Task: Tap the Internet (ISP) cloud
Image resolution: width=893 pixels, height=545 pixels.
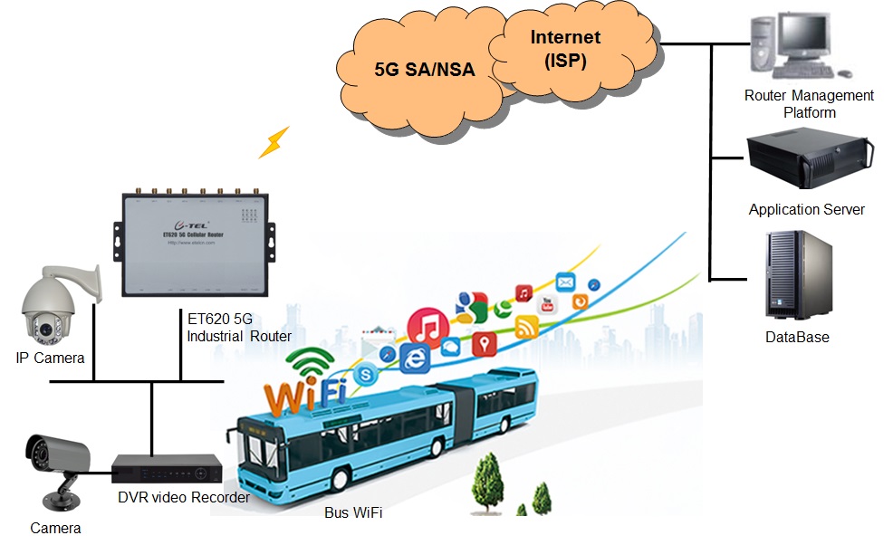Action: tap(566, 50)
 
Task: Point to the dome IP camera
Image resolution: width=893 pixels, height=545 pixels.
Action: tap(50, 304)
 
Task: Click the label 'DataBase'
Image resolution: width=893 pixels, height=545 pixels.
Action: tap(797, 338)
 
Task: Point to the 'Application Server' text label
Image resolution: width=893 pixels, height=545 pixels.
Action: tap(806, 210)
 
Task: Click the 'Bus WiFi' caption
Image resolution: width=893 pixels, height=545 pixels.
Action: tap(353, 513)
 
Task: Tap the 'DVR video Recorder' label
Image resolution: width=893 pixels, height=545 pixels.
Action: tap(183, 498)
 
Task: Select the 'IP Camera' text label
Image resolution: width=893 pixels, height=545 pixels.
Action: tap(50, 359)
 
